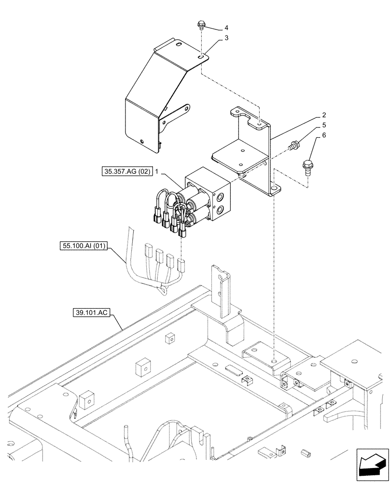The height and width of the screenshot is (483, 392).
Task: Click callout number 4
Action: (x=226, y=28)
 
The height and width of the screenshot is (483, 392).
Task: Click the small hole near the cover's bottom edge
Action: (x=141, y=142)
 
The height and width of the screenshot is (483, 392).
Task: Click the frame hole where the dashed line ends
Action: (x=274, y=360)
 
